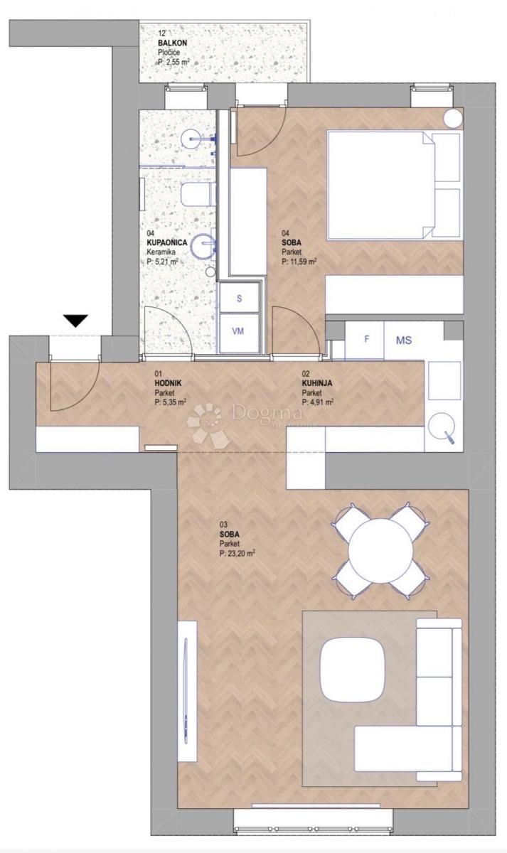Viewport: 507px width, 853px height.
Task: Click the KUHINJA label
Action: click(317, 383)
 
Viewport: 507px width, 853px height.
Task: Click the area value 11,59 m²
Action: click(299, 261)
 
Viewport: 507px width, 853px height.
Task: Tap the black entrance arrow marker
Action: click(76, 321)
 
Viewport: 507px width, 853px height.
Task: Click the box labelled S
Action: click(239, 299)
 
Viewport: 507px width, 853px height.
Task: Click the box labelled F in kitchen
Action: click(366, 339)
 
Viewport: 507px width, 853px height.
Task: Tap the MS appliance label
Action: click(403, 340)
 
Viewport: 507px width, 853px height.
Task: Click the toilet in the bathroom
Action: click(196, 193)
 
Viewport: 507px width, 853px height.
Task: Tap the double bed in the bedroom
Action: click(391, 185)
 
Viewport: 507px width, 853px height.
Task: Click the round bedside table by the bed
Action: click(452, 119)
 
